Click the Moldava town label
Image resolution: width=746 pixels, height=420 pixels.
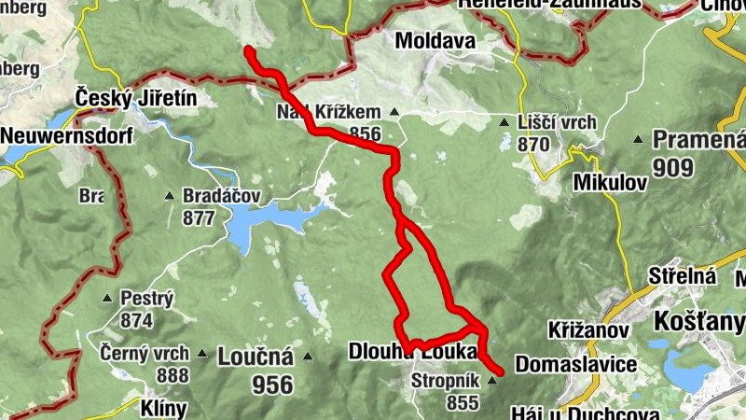coord(435,41)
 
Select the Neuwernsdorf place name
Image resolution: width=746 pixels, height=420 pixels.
coord(66,135)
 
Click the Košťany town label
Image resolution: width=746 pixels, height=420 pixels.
coord(700,322)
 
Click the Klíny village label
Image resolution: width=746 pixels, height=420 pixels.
coord(164,409)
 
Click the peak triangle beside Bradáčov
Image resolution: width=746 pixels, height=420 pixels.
coord(169,197)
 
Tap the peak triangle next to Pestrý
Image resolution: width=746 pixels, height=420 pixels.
coord(107,300)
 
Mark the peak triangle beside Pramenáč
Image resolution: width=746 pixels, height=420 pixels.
coord(638,141)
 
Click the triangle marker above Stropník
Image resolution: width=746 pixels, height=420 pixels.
coord(492,380)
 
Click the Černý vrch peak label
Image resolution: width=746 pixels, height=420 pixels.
coord(146,354)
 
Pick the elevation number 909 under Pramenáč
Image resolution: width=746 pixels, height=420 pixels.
coord(672,168)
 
